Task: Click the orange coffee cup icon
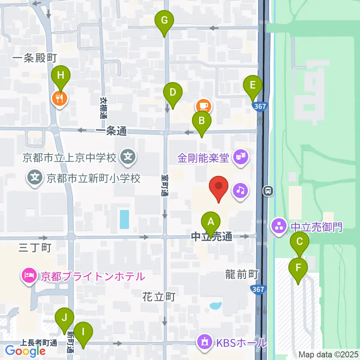pos(203,106)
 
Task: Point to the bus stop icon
pos(268,191)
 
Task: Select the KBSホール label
pos(240,342)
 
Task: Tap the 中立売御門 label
pos(316,226)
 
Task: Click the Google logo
pos(25,351)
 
